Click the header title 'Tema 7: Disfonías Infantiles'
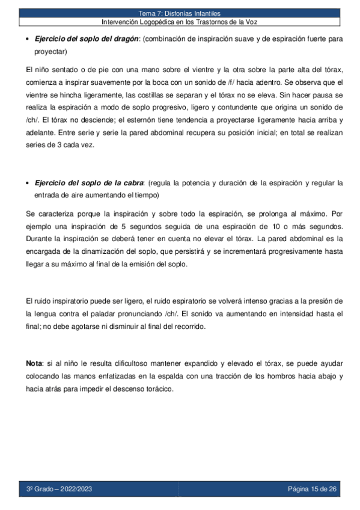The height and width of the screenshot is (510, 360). pos(180,13)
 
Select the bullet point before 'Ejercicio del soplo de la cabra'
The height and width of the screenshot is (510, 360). pos(29,183)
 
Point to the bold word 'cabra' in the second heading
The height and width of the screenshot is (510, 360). pos(132,183)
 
